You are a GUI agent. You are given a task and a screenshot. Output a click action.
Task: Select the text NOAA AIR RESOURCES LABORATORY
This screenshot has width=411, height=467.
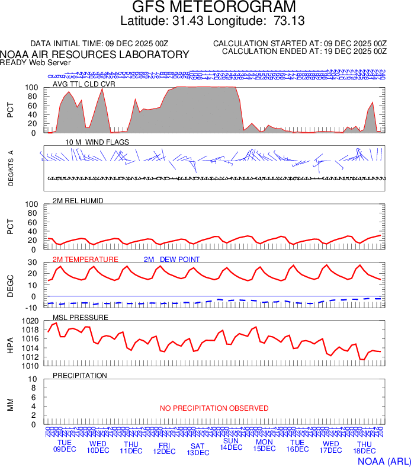95,55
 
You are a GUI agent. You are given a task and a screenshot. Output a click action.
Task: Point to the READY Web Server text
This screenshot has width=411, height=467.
36,62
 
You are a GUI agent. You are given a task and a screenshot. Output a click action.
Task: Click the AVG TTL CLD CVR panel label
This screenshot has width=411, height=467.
84,84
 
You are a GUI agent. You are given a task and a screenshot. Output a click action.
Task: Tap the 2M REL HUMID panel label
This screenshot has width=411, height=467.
78,201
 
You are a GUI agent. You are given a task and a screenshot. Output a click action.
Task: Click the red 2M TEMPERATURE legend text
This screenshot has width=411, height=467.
86,260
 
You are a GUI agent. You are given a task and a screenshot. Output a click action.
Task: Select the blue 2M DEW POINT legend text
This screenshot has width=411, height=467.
172,260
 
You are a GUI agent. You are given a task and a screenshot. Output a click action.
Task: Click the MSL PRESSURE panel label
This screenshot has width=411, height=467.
81,318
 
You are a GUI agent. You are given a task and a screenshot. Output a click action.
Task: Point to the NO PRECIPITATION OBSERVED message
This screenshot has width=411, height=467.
214,408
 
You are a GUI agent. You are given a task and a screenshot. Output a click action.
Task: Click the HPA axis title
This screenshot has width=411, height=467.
10,346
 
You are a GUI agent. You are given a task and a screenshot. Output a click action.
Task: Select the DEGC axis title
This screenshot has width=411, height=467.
10,287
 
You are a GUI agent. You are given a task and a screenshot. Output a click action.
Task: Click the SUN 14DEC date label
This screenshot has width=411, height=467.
231,444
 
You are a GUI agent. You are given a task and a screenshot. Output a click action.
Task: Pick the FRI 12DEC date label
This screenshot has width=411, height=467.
164,447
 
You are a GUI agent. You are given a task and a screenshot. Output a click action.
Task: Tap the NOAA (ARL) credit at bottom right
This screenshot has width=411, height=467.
384,460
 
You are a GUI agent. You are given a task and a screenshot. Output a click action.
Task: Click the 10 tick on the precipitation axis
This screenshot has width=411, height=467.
33,379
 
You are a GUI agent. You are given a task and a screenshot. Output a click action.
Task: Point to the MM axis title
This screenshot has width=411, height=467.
10,404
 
